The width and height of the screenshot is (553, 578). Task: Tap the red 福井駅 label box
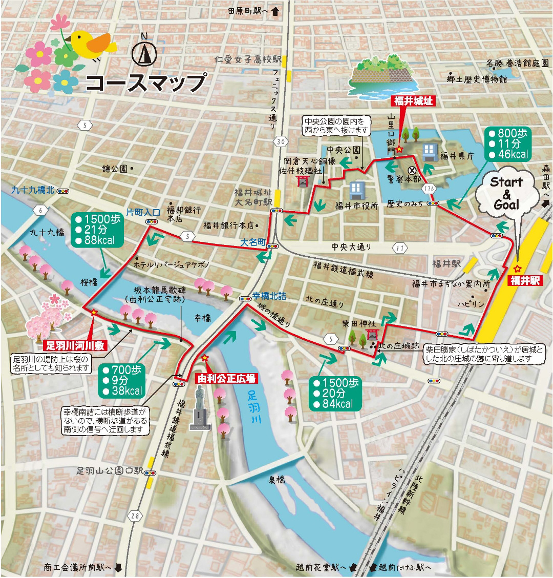tap(523, 280)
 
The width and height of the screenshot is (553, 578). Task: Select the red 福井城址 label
tap(413, 101)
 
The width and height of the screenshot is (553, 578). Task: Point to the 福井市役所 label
tap(356, 206)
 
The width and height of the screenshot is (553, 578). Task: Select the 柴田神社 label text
tap(358, 324)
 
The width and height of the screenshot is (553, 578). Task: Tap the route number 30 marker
tap(279, 141)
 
